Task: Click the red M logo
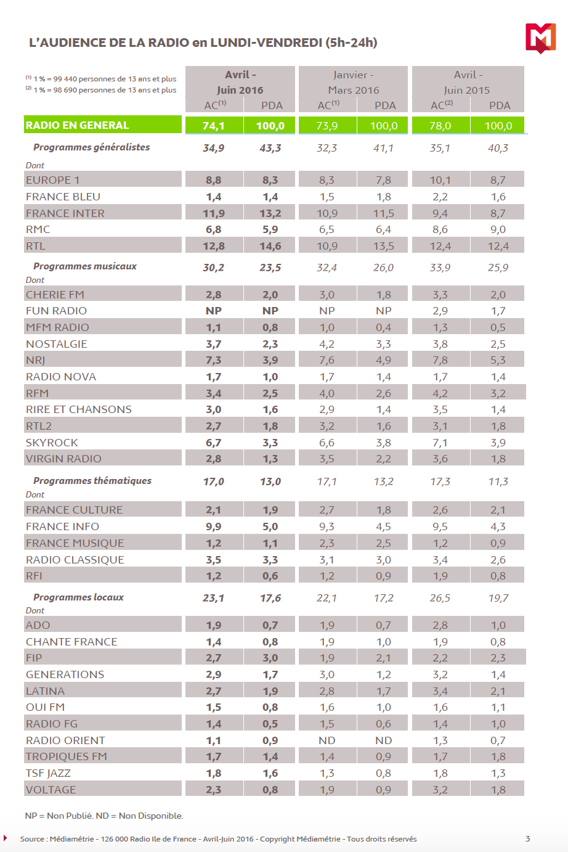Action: click(x=540, y=38)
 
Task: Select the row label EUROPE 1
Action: click(x=53, y=180)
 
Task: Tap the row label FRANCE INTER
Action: click(x=65, y=213)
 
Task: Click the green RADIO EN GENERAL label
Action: click(x=77, y=125)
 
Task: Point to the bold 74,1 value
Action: click(x=213, y=126)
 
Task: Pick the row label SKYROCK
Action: click(x=52, y=443)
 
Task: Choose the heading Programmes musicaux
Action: click(x=85, y=266)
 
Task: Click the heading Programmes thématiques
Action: click(x=92, y=481)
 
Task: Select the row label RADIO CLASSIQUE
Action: click(x=75, y=560)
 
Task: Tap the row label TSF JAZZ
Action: click(x=48, y=773)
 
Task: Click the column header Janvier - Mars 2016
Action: click(x=354, y=83)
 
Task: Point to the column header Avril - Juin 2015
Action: click(x=468, y=83)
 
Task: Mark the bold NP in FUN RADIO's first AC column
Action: click(x=213, y=311)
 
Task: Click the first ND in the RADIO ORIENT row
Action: click(x=327, y=740)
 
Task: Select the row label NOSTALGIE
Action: click(x=57, y=344)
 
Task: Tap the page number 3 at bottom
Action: click(x=527, y=838)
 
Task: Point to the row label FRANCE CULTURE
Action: click(x=75, y=510)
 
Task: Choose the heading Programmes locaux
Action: click(x=78, y=597)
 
